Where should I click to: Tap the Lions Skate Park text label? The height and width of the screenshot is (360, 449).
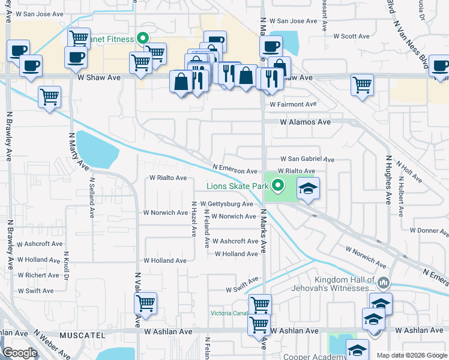237,187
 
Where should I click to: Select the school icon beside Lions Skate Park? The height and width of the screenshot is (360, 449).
308,189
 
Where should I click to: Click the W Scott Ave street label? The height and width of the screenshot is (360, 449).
352,36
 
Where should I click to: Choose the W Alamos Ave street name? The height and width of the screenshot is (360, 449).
306,122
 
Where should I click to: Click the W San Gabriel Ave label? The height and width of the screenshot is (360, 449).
308,160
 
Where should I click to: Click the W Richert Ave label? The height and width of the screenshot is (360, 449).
40,275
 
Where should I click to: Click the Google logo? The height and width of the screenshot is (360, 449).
20,353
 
